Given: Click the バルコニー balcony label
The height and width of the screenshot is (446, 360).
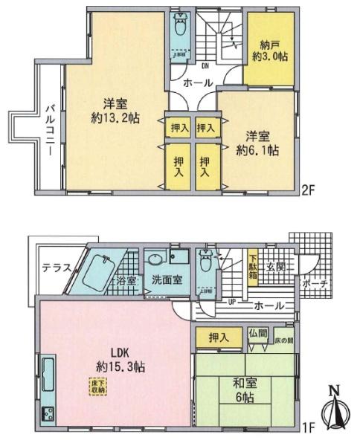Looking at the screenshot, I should tap(49, 129).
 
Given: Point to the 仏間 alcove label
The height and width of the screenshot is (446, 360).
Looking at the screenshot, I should tap(257, 334).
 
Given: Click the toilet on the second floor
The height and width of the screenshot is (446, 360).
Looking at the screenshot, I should tap(179, 30).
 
